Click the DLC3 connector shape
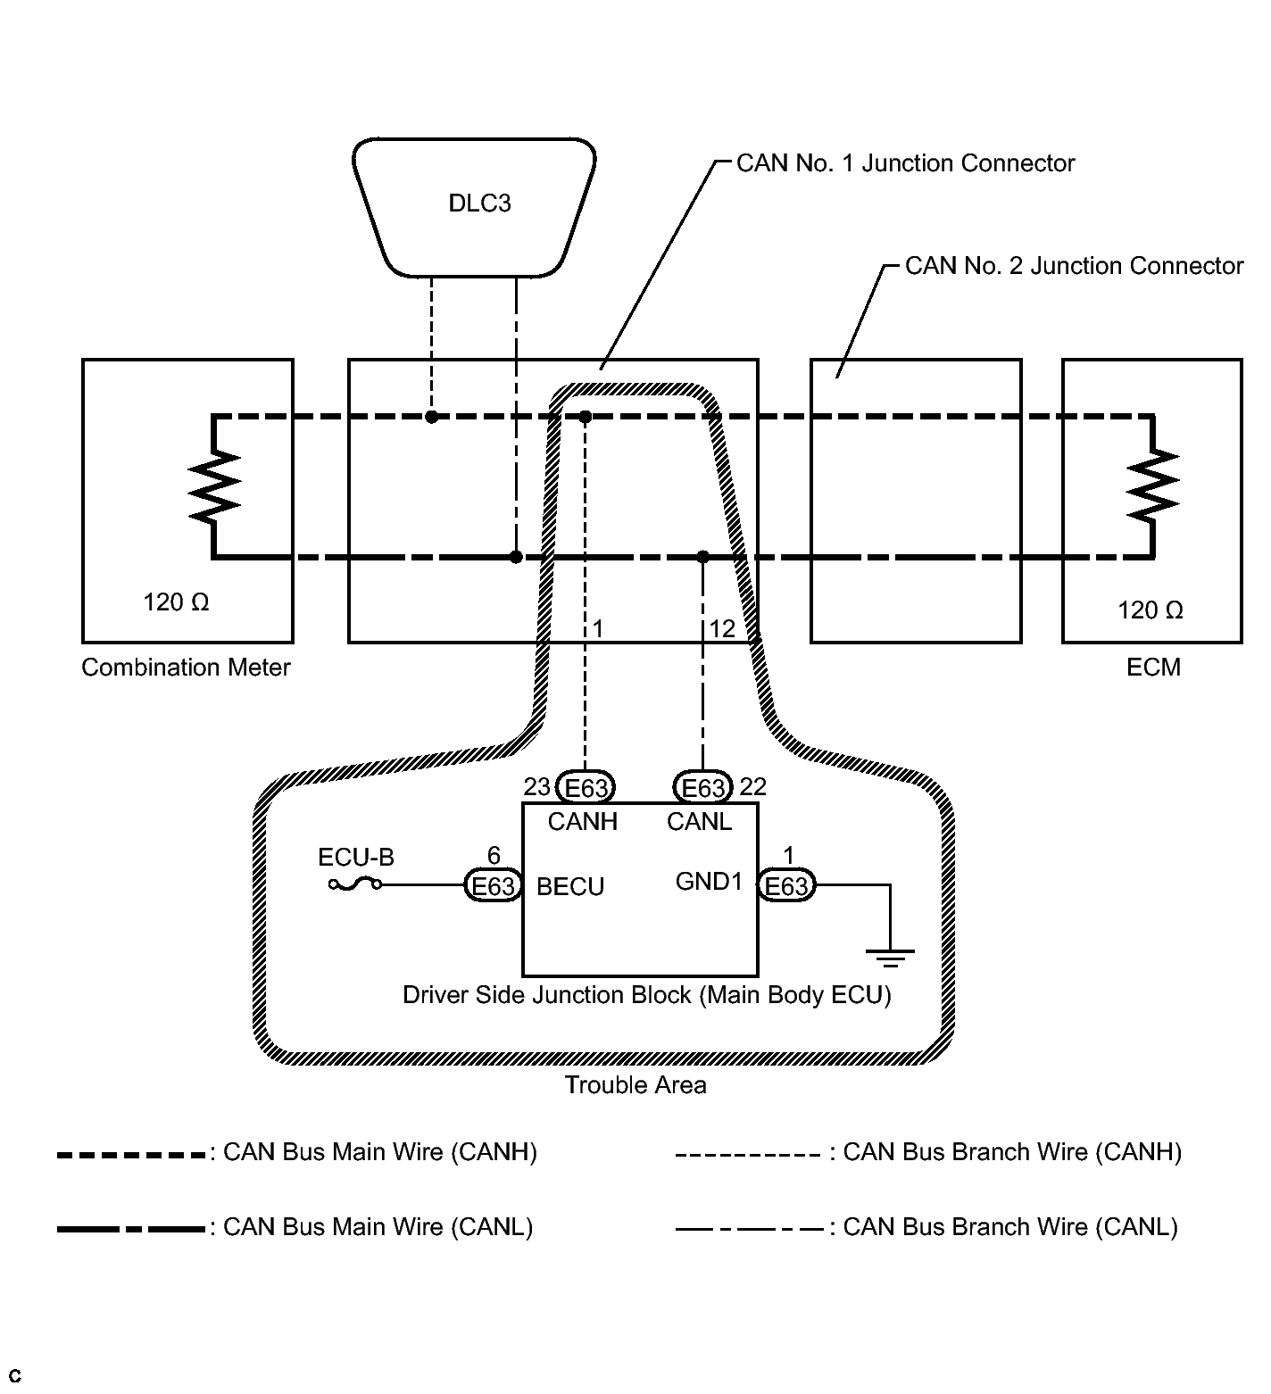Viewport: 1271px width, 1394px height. pos(474,204)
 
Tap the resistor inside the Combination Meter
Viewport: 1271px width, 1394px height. pos(214,486)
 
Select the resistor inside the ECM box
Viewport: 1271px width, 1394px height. pos(1153,486)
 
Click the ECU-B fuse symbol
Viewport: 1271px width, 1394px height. pos(355,884)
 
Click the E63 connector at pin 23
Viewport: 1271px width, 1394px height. pos(585,788)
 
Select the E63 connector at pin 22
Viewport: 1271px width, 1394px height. pos(702,788)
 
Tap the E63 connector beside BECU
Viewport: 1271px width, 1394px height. pos(493,885)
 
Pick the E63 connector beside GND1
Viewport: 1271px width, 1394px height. pos(786,885)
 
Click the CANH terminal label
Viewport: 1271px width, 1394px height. pos(583,822)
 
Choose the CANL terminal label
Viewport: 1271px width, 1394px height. pos(699,822)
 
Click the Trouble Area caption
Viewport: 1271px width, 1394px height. pos(635,1085)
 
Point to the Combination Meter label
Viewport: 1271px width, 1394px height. pos(186,668)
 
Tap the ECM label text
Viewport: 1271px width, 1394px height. pos(1153,668)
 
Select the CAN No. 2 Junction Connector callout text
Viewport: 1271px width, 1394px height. pos(1074,266)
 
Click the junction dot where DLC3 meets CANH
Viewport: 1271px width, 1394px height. pos(431,417)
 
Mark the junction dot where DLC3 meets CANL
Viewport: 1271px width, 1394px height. pos(516,557)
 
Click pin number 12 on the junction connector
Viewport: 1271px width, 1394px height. pos(721,629)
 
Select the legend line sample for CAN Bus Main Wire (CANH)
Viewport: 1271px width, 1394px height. pos(131,1155)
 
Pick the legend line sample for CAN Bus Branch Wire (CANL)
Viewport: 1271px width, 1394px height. pos(749,1230)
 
